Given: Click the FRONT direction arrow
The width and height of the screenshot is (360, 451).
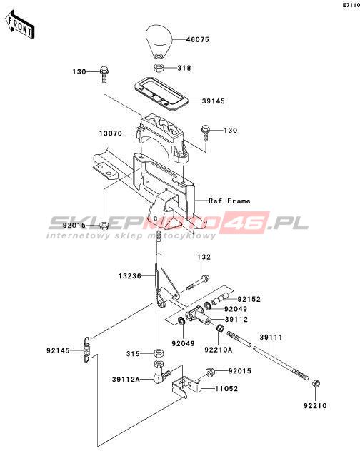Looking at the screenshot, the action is point(19,25).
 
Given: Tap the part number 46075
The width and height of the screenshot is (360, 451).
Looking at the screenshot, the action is point(198,39).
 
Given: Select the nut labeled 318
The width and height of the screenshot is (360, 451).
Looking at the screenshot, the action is point(158,69).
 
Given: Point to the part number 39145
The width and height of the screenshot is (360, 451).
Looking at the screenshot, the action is point(214,101).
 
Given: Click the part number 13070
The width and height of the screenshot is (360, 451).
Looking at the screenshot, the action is point(111,133).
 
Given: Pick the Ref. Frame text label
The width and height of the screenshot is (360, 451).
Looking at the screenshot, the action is point(229,201).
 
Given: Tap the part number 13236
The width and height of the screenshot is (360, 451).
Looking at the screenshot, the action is point(130,276).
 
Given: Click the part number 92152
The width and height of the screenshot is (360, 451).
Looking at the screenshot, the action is point(249,300).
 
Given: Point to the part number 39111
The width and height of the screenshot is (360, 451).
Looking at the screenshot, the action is point(271,337).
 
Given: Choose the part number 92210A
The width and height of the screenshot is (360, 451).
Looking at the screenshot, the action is point(219,350).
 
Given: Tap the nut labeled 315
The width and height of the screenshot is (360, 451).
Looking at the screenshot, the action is point(158,353).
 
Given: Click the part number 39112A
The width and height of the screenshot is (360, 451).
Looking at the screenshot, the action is point(126,380).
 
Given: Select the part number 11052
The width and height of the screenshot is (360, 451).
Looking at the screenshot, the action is point(226,389).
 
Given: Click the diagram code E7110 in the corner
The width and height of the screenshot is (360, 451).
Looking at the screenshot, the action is point(351,5).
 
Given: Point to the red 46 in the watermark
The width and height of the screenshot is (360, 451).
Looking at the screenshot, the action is point(247,223).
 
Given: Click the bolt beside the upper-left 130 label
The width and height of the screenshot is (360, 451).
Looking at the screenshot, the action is point(104,74).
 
